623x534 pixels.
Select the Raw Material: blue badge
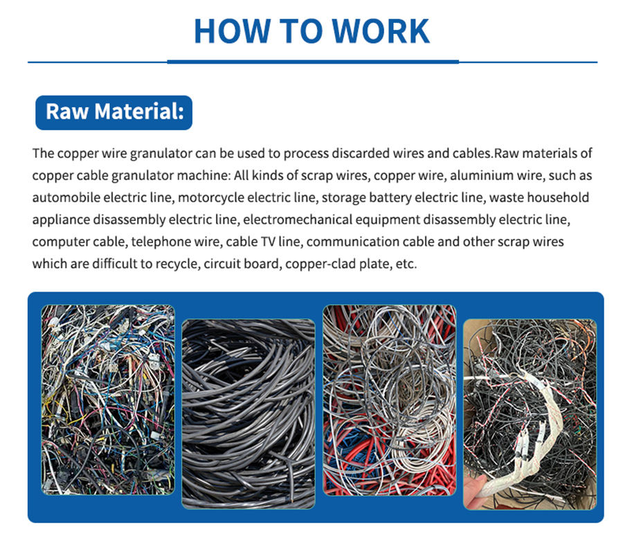[114, 112]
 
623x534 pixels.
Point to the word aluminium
[442, 176]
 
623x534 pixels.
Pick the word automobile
[64, 198]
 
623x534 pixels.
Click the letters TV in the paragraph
[280, 242]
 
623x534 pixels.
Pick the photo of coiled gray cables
[247, 413]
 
